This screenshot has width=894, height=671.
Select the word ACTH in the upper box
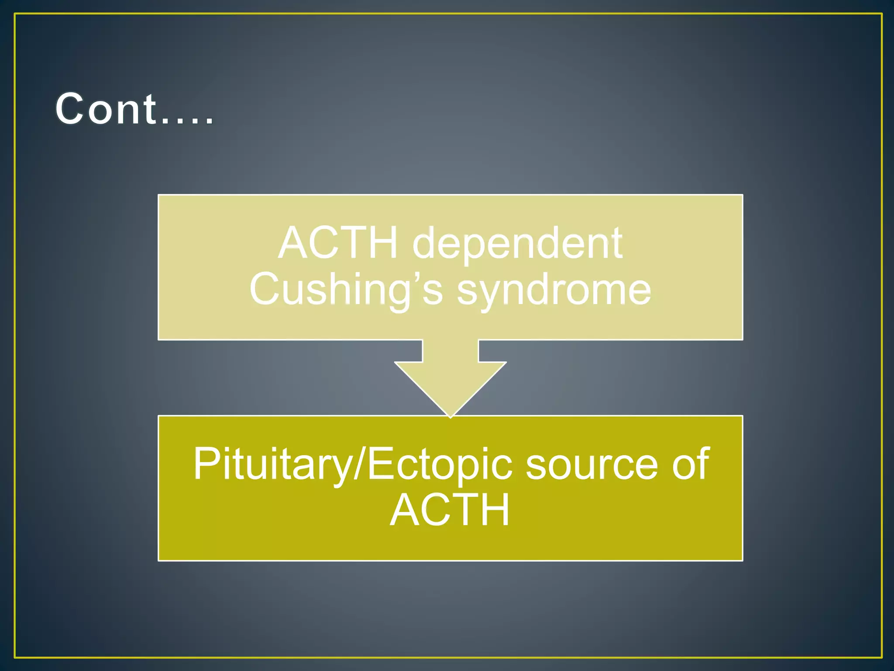point(338,243)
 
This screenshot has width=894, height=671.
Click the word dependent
point(517,243)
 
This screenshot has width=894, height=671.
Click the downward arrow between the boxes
point(450,376)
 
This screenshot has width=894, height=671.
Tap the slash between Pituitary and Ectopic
point(359,465)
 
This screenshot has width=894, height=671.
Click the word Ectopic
point(439,465)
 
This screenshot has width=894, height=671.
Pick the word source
point(591,465)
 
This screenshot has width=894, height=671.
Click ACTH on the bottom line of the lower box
point(450,510)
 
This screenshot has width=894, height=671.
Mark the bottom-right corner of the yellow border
point(881,657)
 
